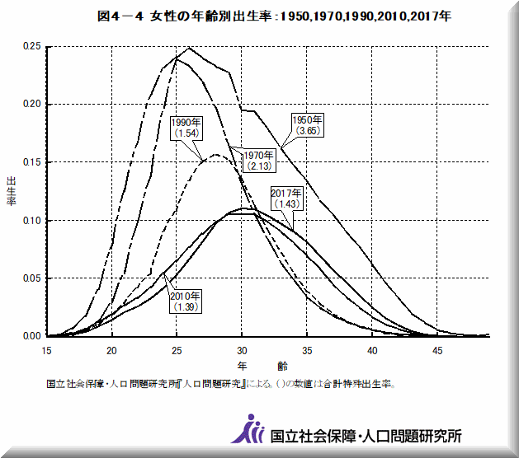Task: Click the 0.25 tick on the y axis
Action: [x=31, y=47]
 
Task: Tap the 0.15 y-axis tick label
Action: [x=31, y=162]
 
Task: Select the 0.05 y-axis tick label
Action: [x=31, y=278]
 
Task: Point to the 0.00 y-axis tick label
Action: [x=31, y=336]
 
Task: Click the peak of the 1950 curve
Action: [x=189, y=48]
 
